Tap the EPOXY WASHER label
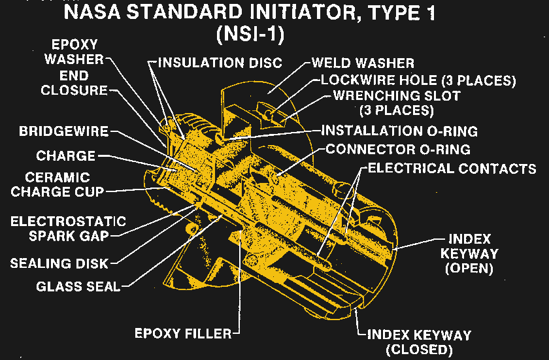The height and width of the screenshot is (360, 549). tap(73, 52)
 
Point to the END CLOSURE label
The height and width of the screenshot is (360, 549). tap(73, 83)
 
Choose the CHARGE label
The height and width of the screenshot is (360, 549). tap(65, 156)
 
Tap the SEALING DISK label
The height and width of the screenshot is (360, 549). tap(59, 263)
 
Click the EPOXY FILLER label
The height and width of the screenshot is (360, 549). tap(182, 333)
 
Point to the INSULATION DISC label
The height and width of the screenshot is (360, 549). tap(220, 63)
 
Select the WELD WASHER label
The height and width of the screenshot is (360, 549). tap(363, 63)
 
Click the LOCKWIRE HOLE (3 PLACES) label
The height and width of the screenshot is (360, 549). tap(418, 80)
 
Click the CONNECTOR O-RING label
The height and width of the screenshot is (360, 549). tap(398, 149)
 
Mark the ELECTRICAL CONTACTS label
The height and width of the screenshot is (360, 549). tap(452, 168)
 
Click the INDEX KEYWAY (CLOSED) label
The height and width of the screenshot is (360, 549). tap(419, 342)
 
